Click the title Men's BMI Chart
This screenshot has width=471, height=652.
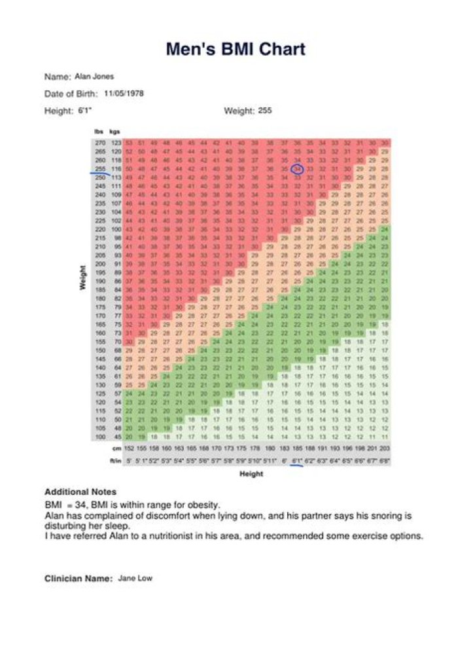[235, 49]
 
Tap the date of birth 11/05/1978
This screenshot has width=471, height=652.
[124, 94]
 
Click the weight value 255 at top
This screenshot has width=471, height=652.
[265, 111]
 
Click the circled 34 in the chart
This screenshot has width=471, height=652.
[297, 168]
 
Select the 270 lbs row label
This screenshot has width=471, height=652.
[100, 143]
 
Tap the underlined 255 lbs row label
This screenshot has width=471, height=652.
[100, 168]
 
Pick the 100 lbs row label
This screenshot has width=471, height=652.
[100, 435]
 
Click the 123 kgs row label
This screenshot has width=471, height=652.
[116, 143]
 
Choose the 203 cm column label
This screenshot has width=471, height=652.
[385, 449]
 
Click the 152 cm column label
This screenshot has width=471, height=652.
[129, 449]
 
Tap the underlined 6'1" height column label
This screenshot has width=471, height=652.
[297, 461]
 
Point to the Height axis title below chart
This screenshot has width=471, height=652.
[251, 473]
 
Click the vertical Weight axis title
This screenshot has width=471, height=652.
[83, 279]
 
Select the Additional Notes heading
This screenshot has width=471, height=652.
[80, 492]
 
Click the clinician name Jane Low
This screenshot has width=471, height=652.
[135, 579]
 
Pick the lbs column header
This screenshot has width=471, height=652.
[99, 132]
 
